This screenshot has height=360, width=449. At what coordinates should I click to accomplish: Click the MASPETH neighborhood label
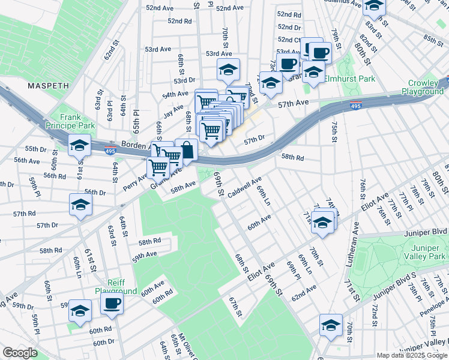48,86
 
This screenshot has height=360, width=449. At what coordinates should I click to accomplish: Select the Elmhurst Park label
349,79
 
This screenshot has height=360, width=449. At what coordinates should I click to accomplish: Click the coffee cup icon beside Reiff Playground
112,304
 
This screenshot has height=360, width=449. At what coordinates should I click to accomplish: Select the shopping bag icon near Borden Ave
187,151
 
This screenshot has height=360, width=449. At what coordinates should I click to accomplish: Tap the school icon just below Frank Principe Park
79,146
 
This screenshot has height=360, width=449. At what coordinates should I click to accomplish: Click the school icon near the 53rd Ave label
228,70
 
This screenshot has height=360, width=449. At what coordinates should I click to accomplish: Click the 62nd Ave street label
304,292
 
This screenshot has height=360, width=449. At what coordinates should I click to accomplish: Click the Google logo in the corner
20,353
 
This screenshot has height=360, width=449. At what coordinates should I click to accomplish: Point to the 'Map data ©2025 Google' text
411,355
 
